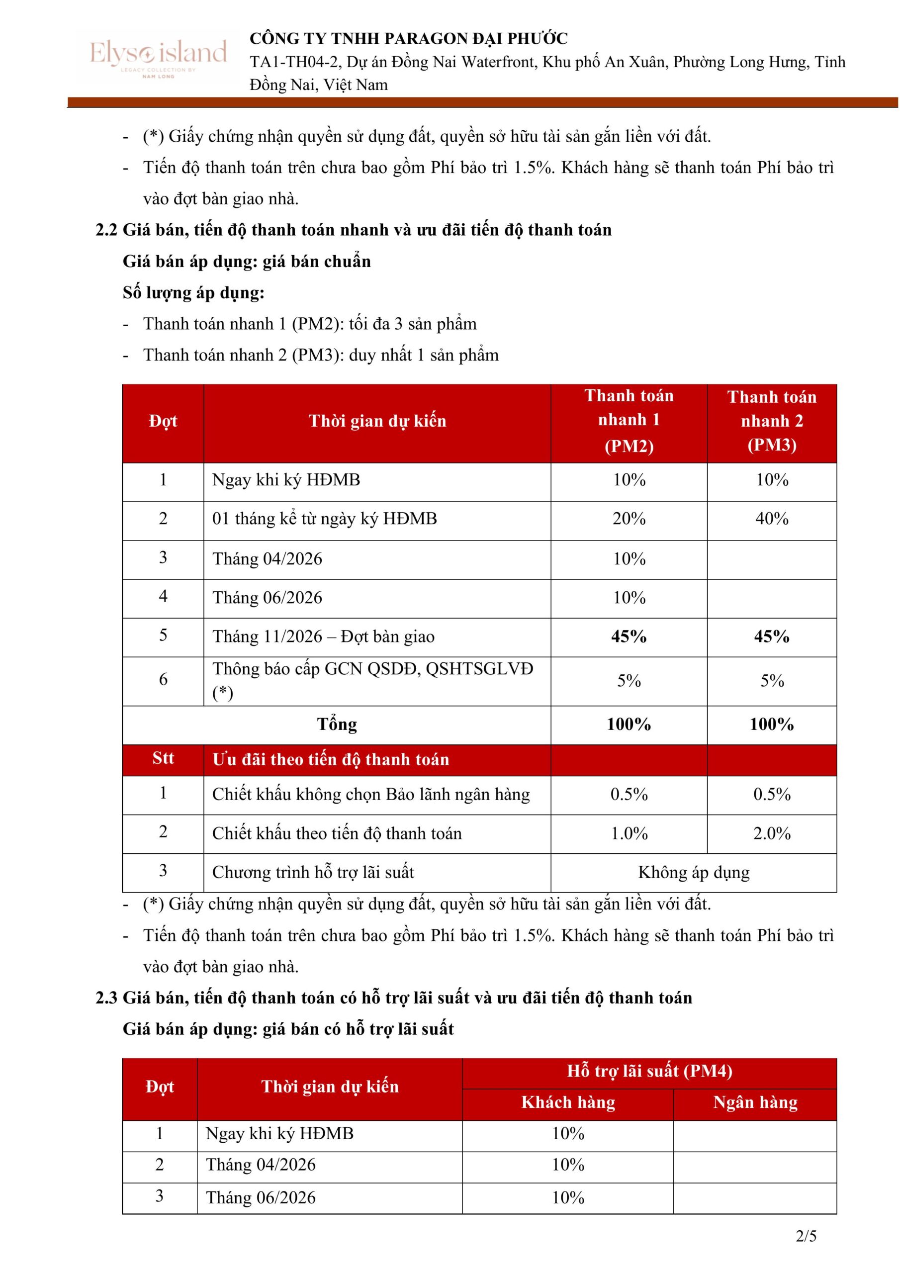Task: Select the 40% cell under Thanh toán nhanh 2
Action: point(771,519)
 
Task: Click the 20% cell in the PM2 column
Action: point(629,519)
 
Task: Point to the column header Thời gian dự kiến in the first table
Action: point(377,421)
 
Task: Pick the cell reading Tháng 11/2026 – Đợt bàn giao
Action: point(323,636)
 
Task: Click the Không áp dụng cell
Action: point(693,872)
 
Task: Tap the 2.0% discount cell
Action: point(771,833)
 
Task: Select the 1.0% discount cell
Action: point(629,833)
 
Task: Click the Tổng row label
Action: point(337,724)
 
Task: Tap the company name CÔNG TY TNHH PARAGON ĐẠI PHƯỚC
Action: point(409,39)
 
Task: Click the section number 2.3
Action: point(106,998)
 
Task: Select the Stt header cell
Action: point(163,758)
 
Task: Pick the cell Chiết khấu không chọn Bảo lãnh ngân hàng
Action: point(371,795)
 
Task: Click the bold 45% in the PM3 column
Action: point(771,636)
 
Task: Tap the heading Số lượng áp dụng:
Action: point(193,293)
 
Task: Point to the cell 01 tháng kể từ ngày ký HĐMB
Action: point(324,519)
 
